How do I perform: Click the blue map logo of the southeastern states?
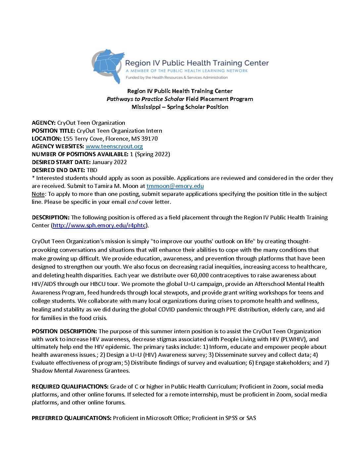tap(109, 66)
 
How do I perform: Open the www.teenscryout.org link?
tap(114, 146)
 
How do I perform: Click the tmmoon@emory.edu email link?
tap(175, 186)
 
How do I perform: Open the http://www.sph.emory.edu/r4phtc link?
tap(99, 225)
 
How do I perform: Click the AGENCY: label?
tap(44, 123)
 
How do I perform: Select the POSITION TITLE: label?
tap(54, 131)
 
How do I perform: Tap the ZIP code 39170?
tap(150, 139)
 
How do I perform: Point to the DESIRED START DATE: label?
tap(61, 162)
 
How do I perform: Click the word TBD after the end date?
tap(92, 170)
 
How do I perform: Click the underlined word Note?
tap(38, 194)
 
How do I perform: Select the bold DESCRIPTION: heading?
tap(51, 217)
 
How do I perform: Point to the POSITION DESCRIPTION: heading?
tap(64, 331)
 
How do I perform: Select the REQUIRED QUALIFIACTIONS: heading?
tap(70, 387)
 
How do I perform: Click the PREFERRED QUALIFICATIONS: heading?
tap(71, 418)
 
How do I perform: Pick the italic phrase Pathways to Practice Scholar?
tap(145, 99)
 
